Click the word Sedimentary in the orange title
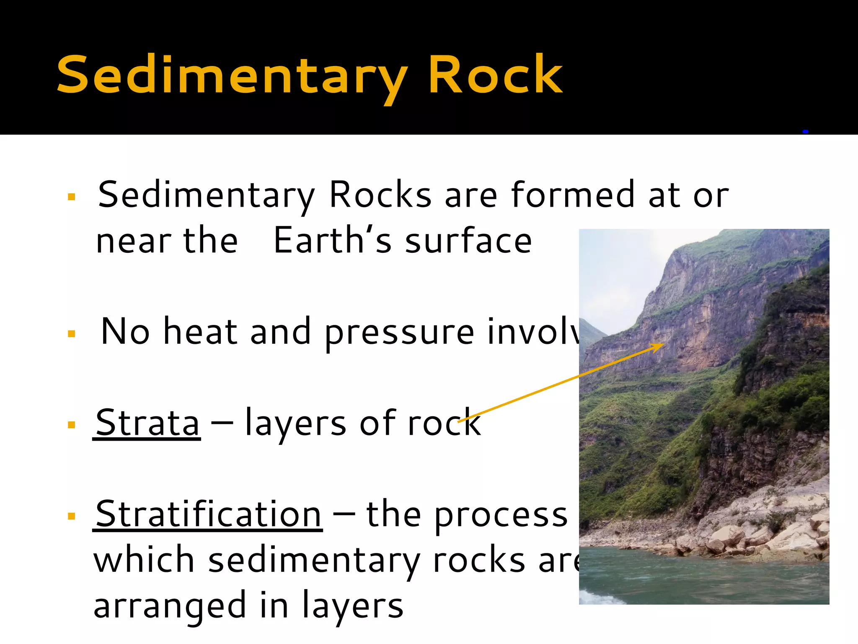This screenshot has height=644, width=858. point(232,75)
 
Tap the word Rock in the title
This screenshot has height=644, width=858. point(495,75)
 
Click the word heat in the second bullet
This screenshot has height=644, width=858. point(200,332)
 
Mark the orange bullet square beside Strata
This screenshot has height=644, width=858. point(72,425)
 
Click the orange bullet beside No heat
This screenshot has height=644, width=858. point(72,334)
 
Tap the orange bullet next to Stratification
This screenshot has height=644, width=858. point(72,516)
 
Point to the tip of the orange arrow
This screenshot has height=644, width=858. point(664,344)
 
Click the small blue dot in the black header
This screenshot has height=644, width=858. point(805,132)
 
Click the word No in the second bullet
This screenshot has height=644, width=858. point(125,332)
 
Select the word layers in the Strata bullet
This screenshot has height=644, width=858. point(295,423)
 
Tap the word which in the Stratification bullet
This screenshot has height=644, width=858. point(144,560)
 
